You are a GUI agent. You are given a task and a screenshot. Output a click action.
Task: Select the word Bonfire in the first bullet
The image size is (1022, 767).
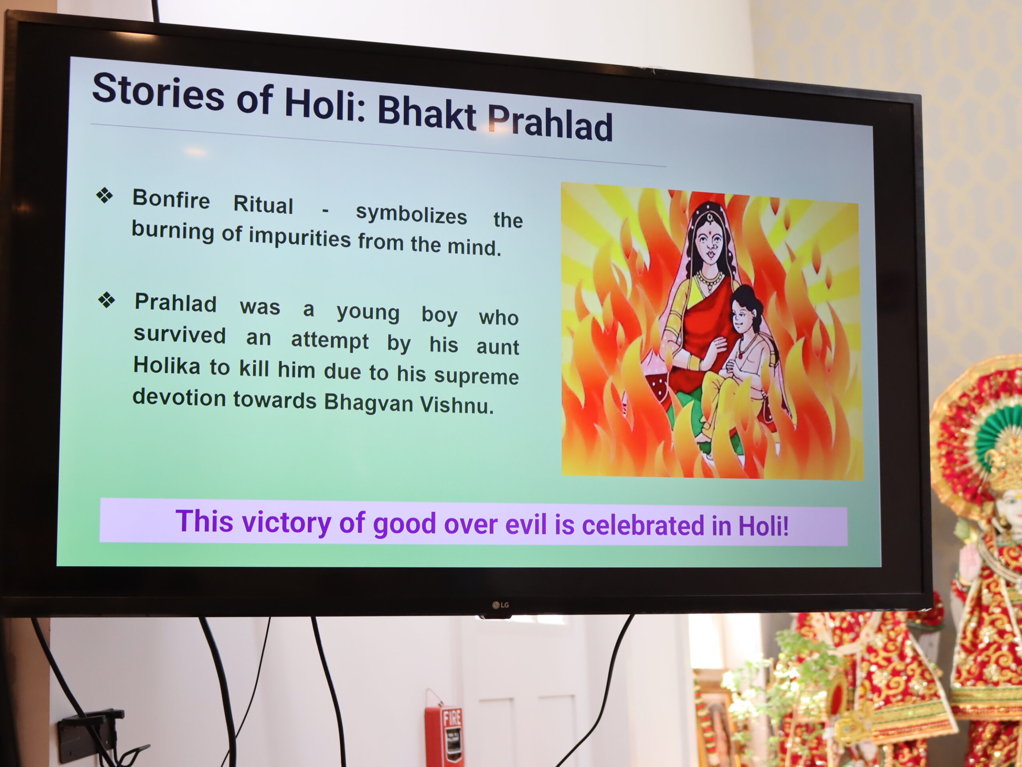(x=171, y=199)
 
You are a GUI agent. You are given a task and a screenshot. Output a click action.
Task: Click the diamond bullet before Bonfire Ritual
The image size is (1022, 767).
(x=105, y=196)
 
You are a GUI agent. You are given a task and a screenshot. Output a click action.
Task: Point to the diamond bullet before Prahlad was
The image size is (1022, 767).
(x=106, y=300)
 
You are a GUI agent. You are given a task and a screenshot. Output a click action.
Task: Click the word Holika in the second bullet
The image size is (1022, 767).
(x=167, y=366)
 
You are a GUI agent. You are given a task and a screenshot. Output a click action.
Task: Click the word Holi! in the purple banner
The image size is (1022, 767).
(x=763, y=526)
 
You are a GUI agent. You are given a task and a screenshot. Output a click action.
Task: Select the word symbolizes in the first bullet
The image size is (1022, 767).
(x=411, y=215)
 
